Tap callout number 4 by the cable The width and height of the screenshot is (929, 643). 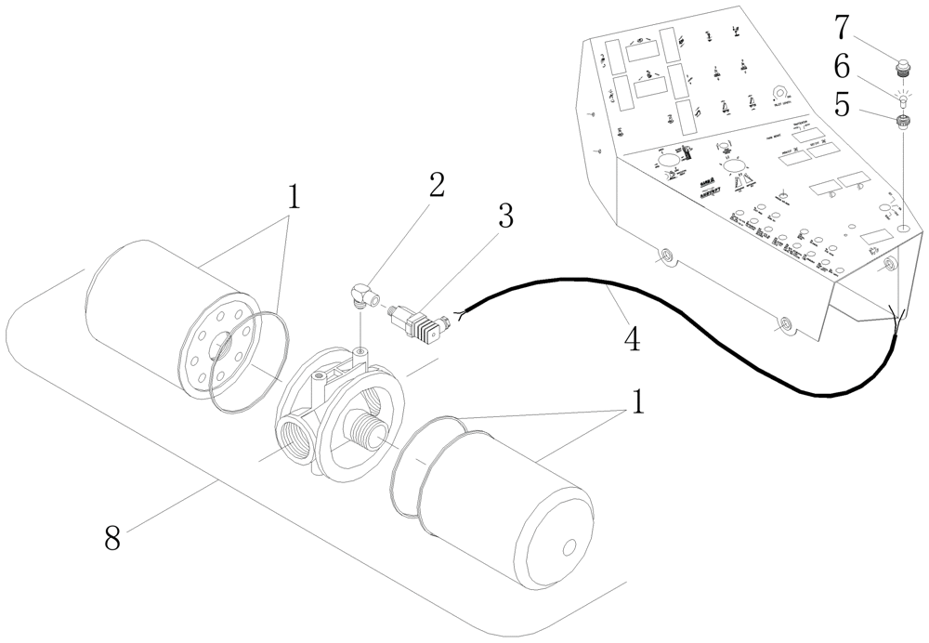click(x=631, y=339)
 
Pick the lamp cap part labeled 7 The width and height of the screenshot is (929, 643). click(x=901, y=66)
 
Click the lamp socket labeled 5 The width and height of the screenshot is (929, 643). click(x=901, y=120)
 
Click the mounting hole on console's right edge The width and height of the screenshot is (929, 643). click(x=889, y=265)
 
